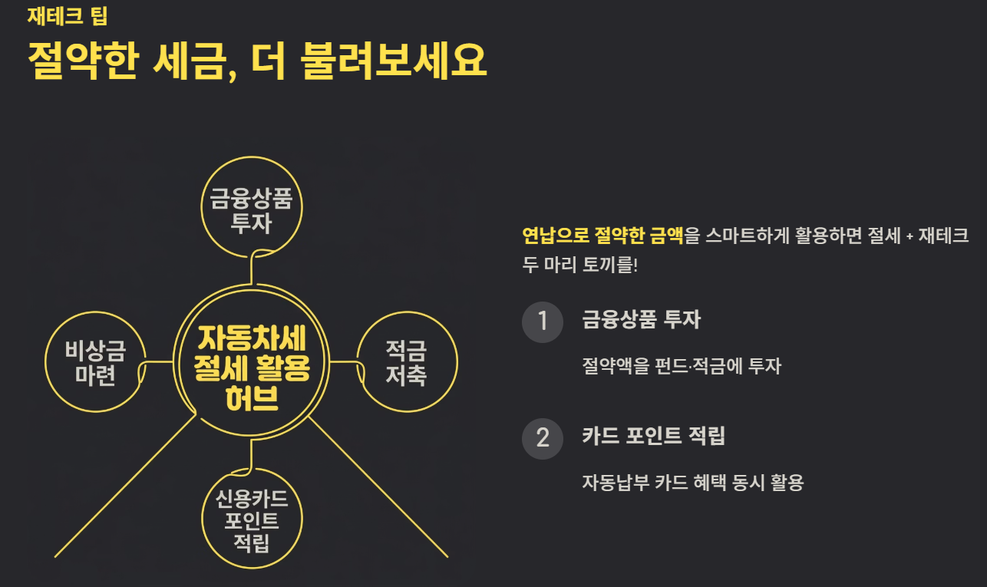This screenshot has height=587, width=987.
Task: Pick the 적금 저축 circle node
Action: pos(406,364)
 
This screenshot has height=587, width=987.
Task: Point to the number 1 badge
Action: pos(543,320)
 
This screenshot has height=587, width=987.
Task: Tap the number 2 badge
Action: pos(543,437)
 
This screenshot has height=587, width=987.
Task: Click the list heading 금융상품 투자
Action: pos(641,319)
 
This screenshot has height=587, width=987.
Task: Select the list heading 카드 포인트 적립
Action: pos(653,436)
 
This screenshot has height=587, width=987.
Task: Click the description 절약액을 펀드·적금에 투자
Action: pos(682,366)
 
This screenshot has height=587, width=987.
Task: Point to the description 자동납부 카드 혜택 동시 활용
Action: pos(693,483)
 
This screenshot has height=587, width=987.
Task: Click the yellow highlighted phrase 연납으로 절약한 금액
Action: pos(602,235)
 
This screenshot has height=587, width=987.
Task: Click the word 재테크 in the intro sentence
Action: pos(945,235)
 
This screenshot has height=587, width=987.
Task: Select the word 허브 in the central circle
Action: pos(253,400)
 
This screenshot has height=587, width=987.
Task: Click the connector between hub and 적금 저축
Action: pos(344,362)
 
